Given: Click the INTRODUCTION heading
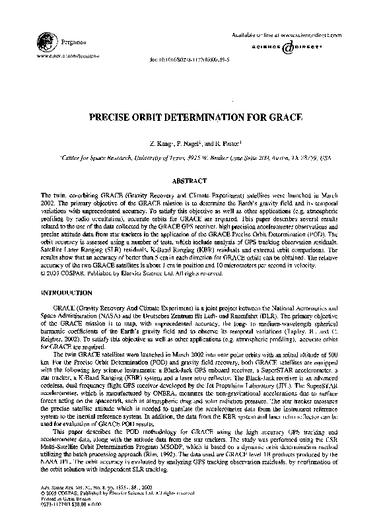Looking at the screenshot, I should (66, 292).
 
